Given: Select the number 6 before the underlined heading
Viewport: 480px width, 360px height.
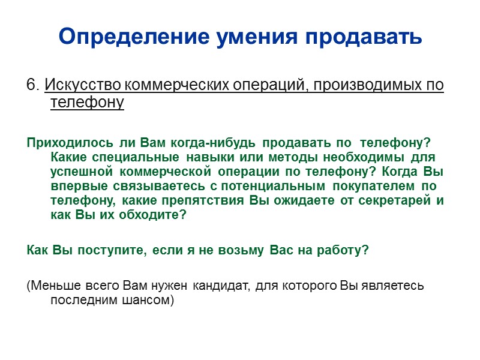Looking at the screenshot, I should [31, 85].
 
